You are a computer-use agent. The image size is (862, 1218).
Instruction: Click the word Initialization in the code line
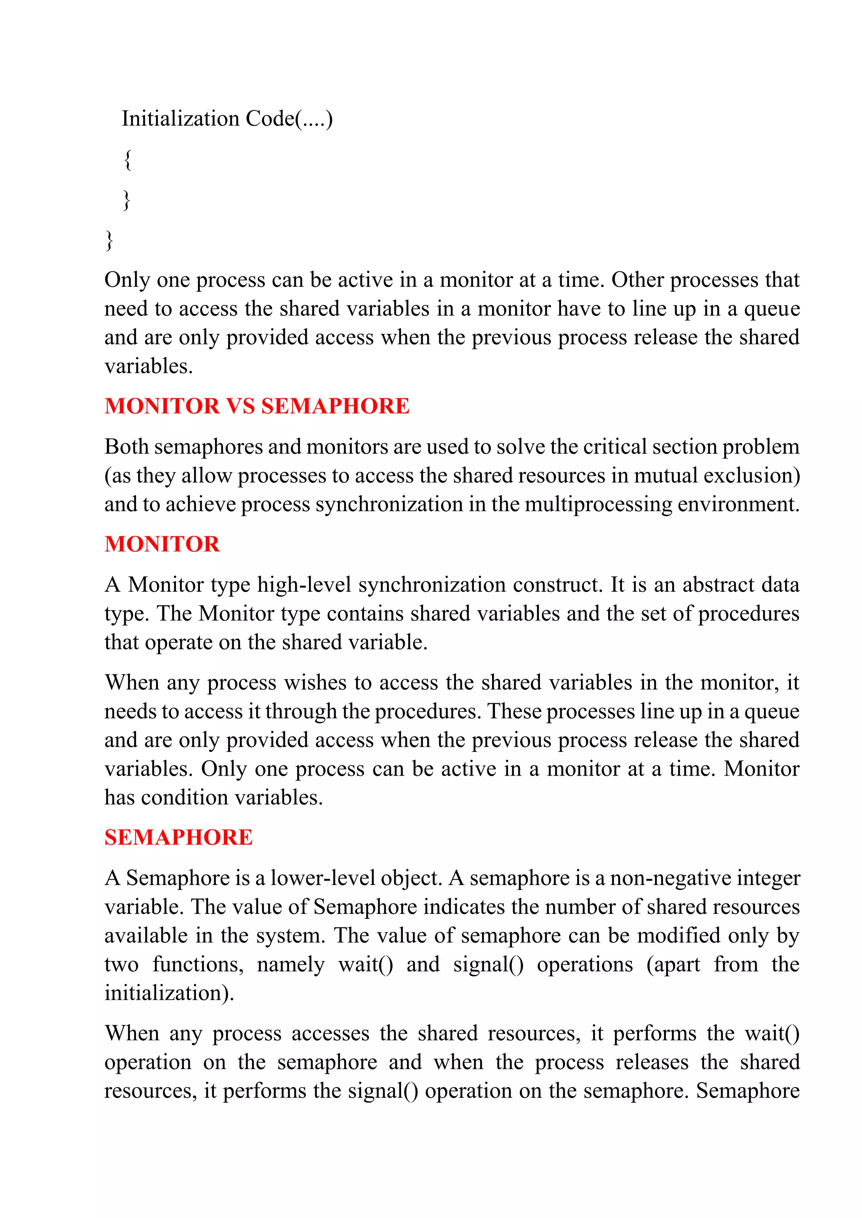pos(181,119)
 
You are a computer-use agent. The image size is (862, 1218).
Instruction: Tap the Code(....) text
pos(289,119)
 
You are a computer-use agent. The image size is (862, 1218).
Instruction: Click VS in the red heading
pos(240,406)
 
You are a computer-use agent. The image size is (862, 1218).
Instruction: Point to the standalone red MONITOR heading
pos(162,544)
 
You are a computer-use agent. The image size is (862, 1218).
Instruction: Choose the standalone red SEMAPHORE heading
pos(178,838)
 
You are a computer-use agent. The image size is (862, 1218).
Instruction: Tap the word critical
pos(615,447)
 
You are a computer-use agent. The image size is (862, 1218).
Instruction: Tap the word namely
pos(290,964)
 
